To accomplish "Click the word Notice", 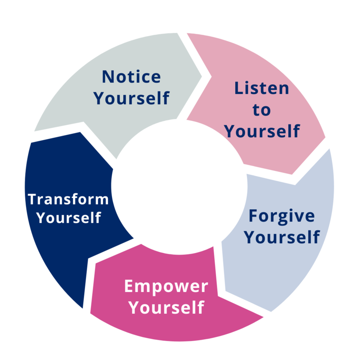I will pyautogui.click(x=131, y=77).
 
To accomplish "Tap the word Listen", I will pyautogui.click(x=261, y=88).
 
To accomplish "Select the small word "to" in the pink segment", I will pyautogui.click(x=261, y=110).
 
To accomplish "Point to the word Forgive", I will pyautogui.click(x=282, y=216).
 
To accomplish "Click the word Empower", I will pyautogui.click(x=166, y=286).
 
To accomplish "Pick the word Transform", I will pyautogui.click(x=68, y=199).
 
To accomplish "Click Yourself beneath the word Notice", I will pyautogui.click(x=131, y=98).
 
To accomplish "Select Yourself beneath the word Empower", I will pyautogui.click(x=166, y=308).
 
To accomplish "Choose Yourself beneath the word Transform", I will pyautogui.click(x=68, y=218).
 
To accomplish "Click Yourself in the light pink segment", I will pyautogui.click(x=262, y=131).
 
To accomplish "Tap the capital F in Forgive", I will pyautogui.click(x=254, y=216).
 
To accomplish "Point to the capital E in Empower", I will pyautogui.click(x=130, y=286).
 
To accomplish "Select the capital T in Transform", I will pyautogui.click(x=31, y=199).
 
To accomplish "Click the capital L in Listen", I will pyautogui.click(x=239, y=88).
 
